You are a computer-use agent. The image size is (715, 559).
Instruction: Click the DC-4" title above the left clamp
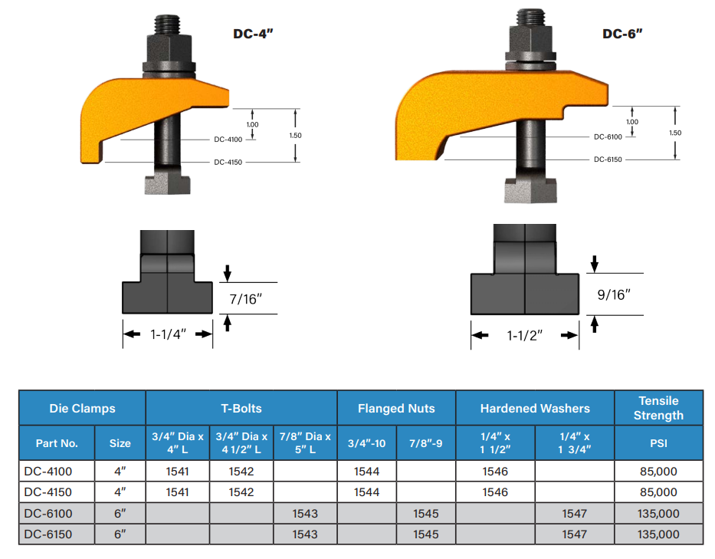point(254,34)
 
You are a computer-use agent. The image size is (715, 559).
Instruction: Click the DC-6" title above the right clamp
point(622,34)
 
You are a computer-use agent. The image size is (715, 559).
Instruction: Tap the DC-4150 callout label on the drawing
point(228,163)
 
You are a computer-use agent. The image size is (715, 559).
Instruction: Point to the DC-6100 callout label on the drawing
point(608,136)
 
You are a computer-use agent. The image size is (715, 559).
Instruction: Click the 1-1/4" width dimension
point(168,334)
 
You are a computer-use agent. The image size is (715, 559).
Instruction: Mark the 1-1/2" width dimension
point(525,335)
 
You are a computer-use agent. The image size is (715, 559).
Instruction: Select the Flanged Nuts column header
point(396,409)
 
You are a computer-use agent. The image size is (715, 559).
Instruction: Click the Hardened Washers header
point(535,409)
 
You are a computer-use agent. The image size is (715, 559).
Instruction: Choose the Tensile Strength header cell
point(658,408)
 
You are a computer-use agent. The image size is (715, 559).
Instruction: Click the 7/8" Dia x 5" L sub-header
point(305,442)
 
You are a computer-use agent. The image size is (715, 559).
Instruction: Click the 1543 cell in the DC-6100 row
point(305,513)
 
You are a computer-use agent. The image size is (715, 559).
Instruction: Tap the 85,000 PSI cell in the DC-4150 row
point(658,492)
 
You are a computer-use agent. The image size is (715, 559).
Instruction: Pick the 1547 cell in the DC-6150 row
point(574,534)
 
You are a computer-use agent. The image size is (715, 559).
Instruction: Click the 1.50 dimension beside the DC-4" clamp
point(296,135)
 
